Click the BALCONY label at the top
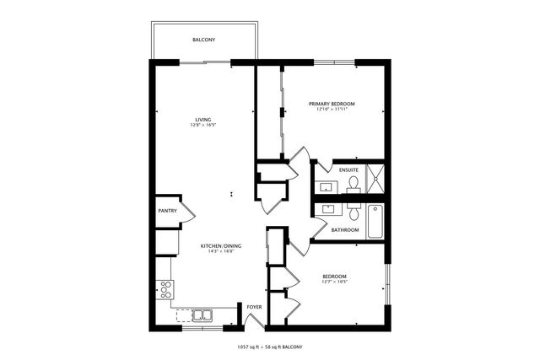203,40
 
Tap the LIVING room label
202,120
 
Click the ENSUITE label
348,169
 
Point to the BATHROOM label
344,229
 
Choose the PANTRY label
167,211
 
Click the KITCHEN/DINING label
221,245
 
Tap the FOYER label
254,307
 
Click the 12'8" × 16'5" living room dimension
202,126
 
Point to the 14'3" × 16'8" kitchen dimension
221,251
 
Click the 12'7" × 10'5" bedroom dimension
334,282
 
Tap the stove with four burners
166,289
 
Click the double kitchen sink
202,316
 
